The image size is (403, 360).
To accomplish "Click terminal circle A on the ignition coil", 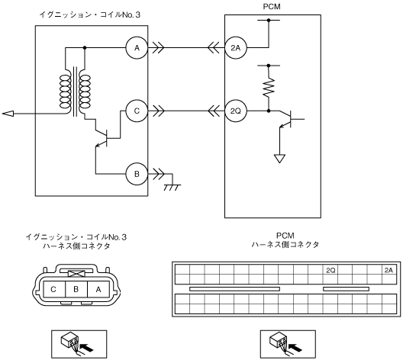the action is pos(137,48).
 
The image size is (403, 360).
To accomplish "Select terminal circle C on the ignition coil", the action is pos(137,111).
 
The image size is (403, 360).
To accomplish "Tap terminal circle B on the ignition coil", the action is pos(137,174).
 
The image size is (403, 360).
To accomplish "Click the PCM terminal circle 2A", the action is pos(236,48).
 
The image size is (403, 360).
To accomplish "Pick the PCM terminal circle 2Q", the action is pos(236,111).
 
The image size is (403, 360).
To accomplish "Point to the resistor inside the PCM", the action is pos(269,87).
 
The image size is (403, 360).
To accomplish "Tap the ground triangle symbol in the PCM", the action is pos(279,159).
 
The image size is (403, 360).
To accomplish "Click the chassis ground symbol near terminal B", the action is pos(172,188).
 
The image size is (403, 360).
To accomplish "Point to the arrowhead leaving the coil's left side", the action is pos(8,113).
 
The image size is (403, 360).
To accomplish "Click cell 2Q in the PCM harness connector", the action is pos(330,270).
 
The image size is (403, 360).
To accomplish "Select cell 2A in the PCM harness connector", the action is pos(388,270).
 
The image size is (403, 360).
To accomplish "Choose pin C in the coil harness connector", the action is pos(54,289).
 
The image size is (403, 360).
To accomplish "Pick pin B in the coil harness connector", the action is pos(76,289).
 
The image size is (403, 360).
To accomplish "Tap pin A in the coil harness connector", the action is pos(98,289).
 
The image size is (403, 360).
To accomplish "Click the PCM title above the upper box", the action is pos(272,7).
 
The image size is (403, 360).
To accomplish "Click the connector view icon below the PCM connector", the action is pos(288,344).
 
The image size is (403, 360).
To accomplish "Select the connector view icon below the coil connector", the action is pos(79,344).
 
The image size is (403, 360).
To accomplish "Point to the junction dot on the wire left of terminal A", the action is pos(85,48).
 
